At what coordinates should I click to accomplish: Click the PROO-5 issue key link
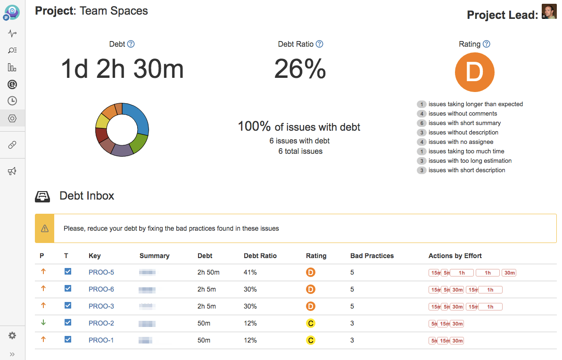(x=101, y=272)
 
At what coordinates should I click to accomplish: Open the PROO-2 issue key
(x=101, y=323)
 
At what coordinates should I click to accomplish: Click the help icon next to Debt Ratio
(x=319, y=44)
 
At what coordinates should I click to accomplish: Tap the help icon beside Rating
(x=487, y=44)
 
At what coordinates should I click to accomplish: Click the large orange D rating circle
(x=474, y=72)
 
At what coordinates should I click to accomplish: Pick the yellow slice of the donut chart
(x=102, y=121)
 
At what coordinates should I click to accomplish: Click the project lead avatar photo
(x=549, y=12)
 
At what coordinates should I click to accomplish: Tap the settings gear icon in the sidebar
(x=12, y=335)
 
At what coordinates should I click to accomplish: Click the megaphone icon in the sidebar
(x=12, y=171)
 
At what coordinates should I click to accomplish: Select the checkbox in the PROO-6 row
(x=68, y=289)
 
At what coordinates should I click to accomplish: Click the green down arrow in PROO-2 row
(x=43, y=323)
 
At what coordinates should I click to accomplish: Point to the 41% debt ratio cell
(x=250, y=272)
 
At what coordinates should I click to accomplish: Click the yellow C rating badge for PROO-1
(x=310, y=340)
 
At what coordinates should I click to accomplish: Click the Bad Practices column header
(x=372, y=256)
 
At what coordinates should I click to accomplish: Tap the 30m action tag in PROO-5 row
(x=509, y=273)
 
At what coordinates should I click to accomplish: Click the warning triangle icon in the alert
(x=45, y=228)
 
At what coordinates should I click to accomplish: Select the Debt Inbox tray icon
(x=43, y=196)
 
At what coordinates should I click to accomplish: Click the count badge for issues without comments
(x=421, y=114)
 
